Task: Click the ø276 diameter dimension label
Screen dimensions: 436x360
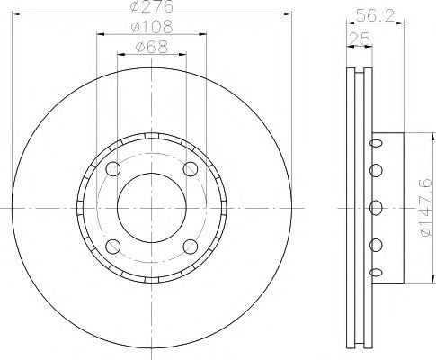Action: pyautogui.click(x=151, y=6)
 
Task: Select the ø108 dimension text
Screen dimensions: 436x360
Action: pyautogui.click(x=152, y=27)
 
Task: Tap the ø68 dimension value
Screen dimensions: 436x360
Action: pyautogui.click(x=152, y=47)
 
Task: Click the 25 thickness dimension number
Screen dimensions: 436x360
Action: pyautogui.click(x=360, y=39)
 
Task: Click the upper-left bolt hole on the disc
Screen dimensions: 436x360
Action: pyautogui.click(x=113, y=169)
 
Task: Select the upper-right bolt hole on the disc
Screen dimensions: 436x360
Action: pyautogui.click(x=191, y=169)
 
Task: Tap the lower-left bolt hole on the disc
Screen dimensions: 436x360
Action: pyautogui.click(x=113, y=247)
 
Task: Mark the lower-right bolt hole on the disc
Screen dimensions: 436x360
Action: pyautogui.click(x=191, y=247)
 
